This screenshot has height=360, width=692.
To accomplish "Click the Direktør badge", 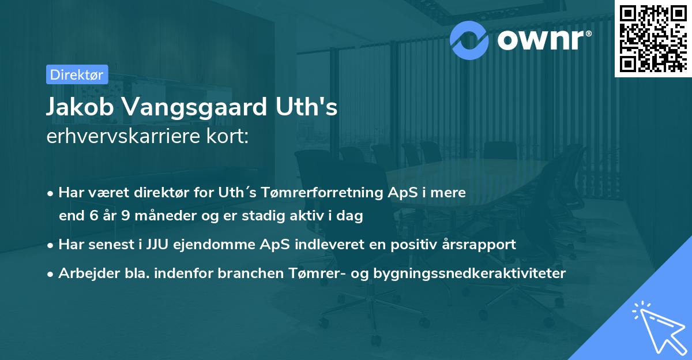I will pyautogui.click(x=77, y=74).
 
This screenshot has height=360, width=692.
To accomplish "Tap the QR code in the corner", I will pyautogui.click(x=653, y=37).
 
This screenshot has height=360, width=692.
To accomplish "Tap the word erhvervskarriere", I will pyautogui.click(x=119, y=137).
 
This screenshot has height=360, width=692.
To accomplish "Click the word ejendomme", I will pyautogui.click(x=201, y=244).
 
